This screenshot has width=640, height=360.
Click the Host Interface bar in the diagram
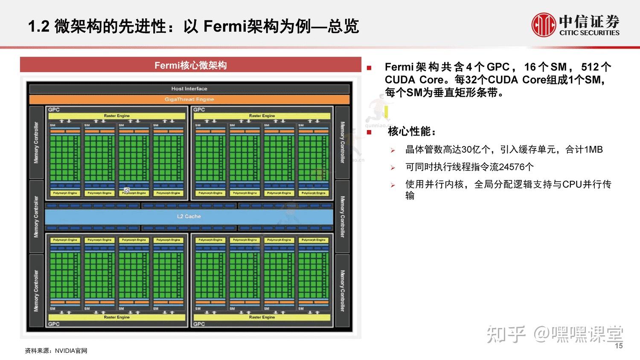click(189, 89)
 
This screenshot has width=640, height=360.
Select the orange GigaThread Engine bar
click(189, 99)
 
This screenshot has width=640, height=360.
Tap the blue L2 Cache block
click(189, 216)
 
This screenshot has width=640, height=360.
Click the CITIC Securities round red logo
click(543, 25)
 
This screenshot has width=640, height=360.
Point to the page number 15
click(619, 346)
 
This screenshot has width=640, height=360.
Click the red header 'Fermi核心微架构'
click(190, 65)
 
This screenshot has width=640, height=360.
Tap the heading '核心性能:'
click(412, 131)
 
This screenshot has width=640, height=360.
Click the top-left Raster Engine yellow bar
click(117, 116)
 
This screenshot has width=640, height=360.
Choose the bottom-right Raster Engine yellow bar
click(262, 317)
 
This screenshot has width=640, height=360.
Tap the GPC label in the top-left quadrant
click(54, 110)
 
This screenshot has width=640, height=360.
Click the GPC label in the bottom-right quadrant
click(199, 324)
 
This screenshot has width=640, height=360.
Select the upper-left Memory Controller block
click(36, 142)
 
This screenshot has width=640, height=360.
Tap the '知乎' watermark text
click(506, 334)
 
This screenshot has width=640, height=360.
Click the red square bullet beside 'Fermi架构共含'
click(369, 68)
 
